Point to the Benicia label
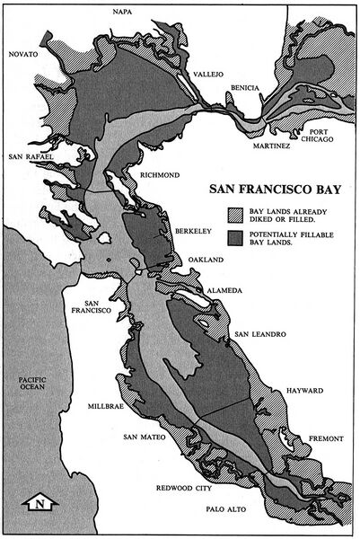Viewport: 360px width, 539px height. pos(244,87)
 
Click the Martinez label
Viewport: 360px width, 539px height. pos(272,145)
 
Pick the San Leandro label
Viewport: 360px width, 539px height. pos(259,335)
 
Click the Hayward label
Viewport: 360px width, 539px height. pos(305,392)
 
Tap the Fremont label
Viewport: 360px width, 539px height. pos(325,438)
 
